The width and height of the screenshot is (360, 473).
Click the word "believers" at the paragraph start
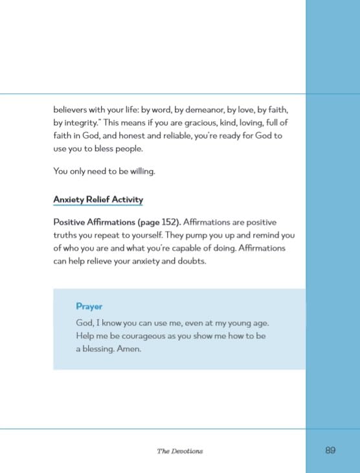[73, 108]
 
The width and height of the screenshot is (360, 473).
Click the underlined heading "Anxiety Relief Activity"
[98, 199]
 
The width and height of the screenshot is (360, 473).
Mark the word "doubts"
[190, 262]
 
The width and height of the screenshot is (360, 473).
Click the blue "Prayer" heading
[89, 306]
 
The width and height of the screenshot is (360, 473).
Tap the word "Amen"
[129, 349]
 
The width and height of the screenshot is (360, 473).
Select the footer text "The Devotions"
[179, 450]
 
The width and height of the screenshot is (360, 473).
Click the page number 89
[330, 450]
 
